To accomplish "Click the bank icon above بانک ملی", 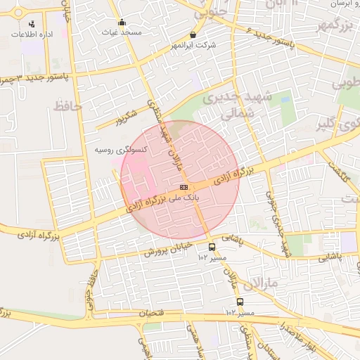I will (x=184, y=187).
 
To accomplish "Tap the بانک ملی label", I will (x=181, y=199).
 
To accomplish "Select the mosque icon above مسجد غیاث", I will (x=122, y=22).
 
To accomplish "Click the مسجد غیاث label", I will (x=122, y=33).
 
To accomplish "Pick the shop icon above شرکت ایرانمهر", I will (x=193, y=34).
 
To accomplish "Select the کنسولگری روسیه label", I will (x=120, y=150).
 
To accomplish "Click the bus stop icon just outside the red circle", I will (x=212, y=247).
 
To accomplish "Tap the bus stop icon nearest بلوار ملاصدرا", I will (x=240, y=302).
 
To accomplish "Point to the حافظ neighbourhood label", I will (x=68, y=107).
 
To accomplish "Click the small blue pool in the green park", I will (x=285, y=100).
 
